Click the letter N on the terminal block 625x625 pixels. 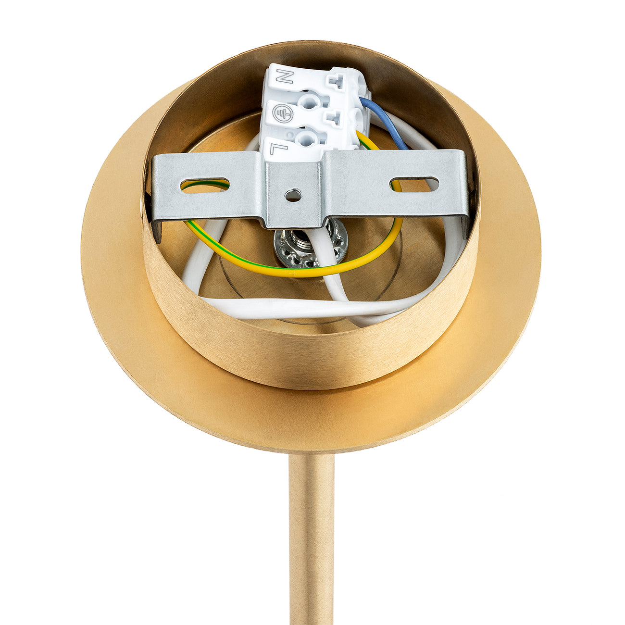point(285,76)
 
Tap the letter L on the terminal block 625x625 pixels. point(279,150)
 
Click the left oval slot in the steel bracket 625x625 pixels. point(205,185)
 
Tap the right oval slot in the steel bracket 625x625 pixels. point(414,184)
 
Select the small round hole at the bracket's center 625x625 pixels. point(293,195)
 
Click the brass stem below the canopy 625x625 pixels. point(312,538)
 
